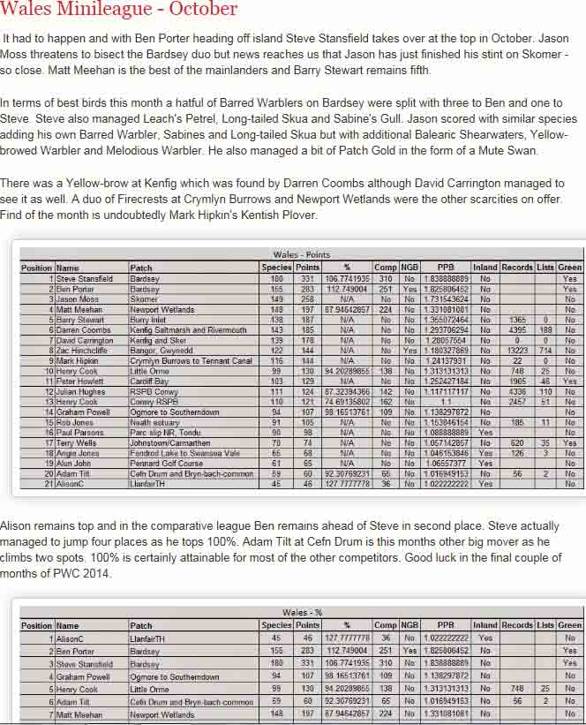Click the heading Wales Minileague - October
pyautogui.click(x=119, y=10)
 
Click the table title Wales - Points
pyautogui.click(x=301, y=255)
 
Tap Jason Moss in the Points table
pyautogui.click(x=79, y=299)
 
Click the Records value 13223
pyautogui.click(x=517, y=351)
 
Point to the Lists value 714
pyautogui.click(x=545, y=351)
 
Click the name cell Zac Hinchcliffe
pyautogui.click(x=85, y=351)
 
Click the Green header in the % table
pyautogui.click(x=570, y=625)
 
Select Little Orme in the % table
pyautogui.click(x=150, y=689)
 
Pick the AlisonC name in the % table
pyautogui.click(x=70, y=638)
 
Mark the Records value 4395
pyautogui.click(x=517, y=330)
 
